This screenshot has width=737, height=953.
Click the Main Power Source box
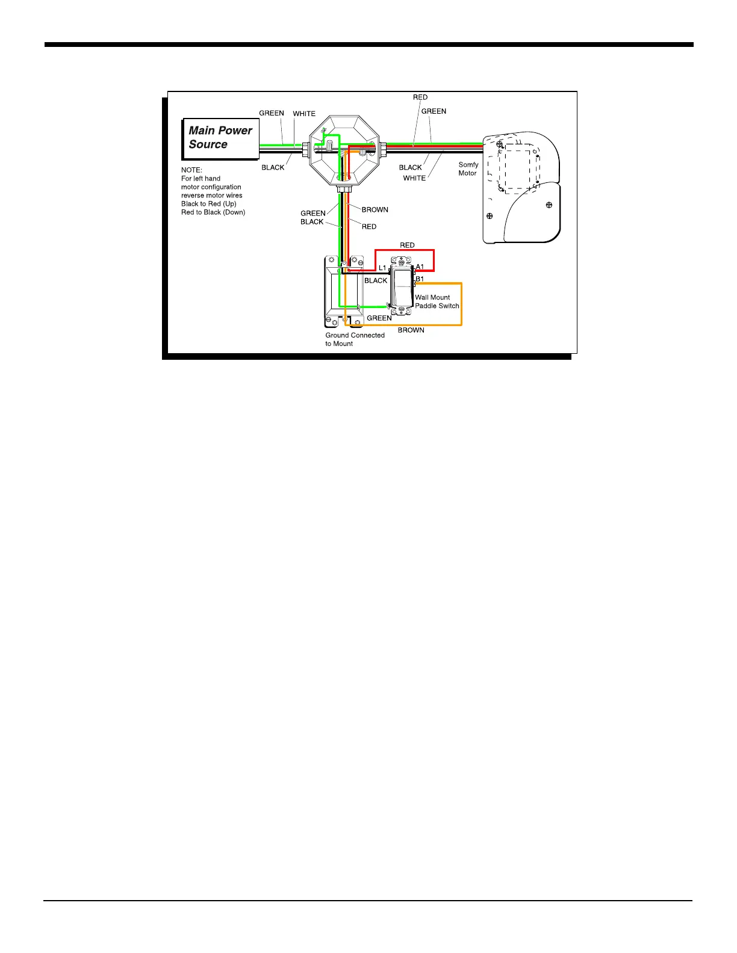(220, 138)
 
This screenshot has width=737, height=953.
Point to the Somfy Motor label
(468, 169)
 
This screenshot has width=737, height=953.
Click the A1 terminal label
(420, 267)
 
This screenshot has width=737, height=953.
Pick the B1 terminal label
(420, 279)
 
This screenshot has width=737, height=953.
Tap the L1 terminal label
(382, 268)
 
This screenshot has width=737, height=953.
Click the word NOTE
(191, 170)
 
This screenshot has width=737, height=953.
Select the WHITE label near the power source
(304, 114)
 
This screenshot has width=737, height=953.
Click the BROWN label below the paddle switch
(411, 330)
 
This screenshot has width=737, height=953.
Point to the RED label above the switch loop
(407, 245)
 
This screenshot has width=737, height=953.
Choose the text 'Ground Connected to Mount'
(355, 339)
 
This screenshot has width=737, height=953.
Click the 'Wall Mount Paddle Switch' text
(437, 301)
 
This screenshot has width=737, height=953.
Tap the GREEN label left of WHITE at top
(272, 113)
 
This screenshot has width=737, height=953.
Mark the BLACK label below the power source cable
(273, 168)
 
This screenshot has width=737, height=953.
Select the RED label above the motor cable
(420, 97)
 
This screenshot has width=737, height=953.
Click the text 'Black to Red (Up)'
(209, 204)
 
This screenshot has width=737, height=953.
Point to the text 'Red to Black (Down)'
(213, 212)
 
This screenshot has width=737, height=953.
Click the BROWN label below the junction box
(375, 210)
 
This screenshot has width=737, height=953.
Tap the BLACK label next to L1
(376, 281)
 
